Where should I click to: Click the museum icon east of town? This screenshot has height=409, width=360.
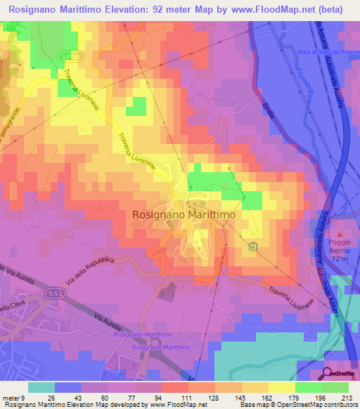(x=253, y=247)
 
